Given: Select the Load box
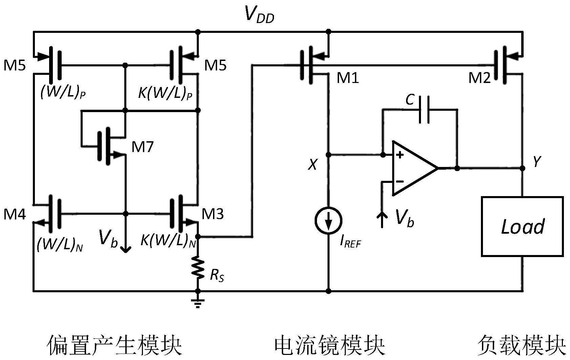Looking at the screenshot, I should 522,226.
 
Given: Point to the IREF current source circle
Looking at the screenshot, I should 328,221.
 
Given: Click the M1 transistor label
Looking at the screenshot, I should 347,78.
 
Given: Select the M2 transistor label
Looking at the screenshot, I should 479,78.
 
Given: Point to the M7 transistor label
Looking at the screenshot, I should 143,147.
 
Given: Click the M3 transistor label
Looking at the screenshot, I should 213,214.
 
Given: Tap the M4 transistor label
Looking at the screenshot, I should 15,214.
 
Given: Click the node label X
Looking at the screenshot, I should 312,165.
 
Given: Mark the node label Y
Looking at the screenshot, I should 536,162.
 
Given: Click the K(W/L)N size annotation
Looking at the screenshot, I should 168,241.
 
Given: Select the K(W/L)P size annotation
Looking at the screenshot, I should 165,93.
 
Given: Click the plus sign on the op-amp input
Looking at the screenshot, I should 400,155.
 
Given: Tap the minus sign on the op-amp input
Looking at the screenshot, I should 400,182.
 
